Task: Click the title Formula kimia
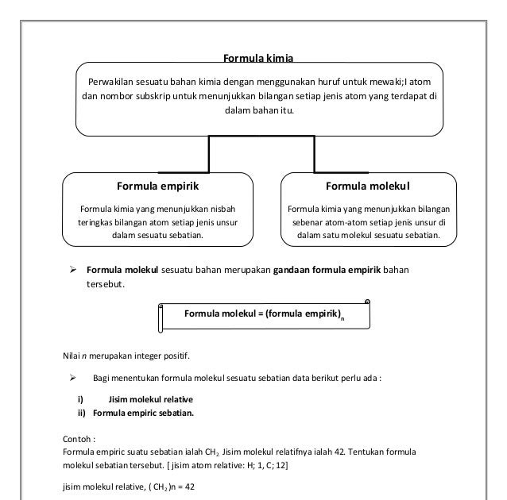(x=258, y=58)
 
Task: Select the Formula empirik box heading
(x=157, y=186)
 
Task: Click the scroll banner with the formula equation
(x=264, y=315)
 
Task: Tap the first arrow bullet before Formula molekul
(x=70, y=270)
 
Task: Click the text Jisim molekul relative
(x=151, y=398)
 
